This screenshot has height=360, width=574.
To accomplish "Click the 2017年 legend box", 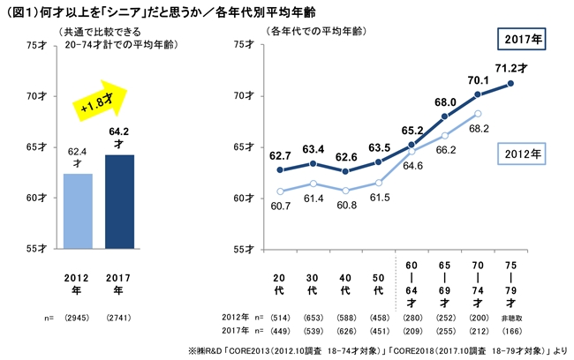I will click(x=523, y=41).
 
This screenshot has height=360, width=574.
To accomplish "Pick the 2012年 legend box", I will click(x=524, y=153).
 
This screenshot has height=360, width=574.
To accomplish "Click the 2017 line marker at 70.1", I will click(x=478, y=94).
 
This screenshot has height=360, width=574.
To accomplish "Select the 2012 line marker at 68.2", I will click(x=478, y=113).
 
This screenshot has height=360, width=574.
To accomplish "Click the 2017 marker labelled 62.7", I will click(x=281, y=169).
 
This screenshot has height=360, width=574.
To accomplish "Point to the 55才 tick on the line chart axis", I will click(x=249, y=249).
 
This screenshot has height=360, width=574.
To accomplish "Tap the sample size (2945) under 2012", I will click(x=78, y=314).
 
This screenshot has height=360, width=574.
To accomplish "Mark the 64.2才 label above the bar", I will click(x=118, y=137).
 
